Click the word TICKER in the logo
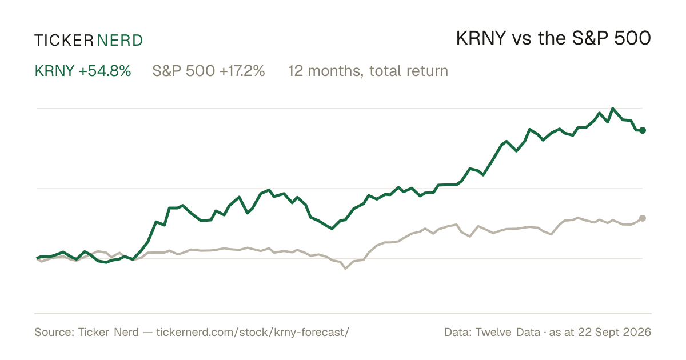pyautogui.click(x=64, y=41)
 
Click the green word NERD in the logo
pyautogui.click(x=120, y=41)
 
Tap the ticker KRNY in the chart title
pyautogui.click(x=481, y=38)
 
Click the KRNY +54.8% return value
pyautogui.click(x=83, y=71)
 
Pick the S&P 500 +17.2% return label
pyautogui.click(x=209, y=71)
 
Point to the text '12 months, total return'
pyautogui.click(x=368, y=71)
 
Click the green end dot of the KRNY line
pyautogui.click(x=643, y=130)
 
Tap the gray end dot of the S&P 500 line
pyautogui.click(x=643, y=218)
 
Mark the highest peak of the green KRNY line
pyautogui.click(x=612, y=109)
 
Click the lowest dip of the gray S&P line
pyautogui.click(x=345, y=269)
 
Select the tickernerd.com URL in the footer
pyautogui.click(x=253, y=332)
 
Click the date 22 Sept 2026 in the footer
pyautogui.click(x=615, y=332)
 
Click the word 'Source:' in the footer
pyautogui.click(x=54, y=332)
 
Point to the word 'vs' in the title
pyautogui.click(x=522, y=40)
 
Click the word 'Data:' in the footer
pyautogui.click(x=458, y=332)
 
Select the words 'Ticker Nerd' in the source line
pyautogui.click(x=108, y=332)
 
